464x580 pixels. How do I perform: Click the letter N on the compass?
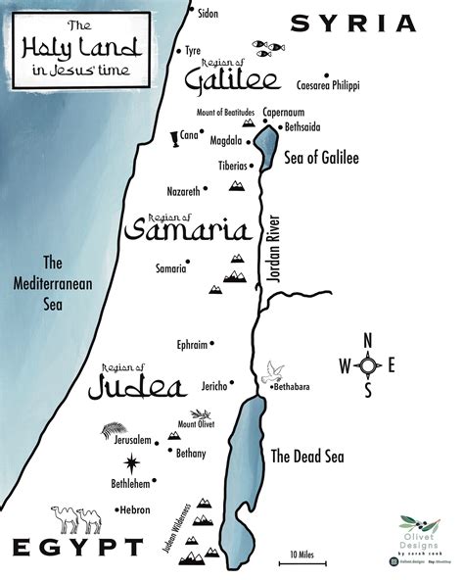[368, 340]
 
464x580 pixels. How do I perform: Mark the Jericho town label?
[213, 385]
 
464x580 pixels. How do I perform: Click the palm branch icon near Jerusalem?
[115, 428]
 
